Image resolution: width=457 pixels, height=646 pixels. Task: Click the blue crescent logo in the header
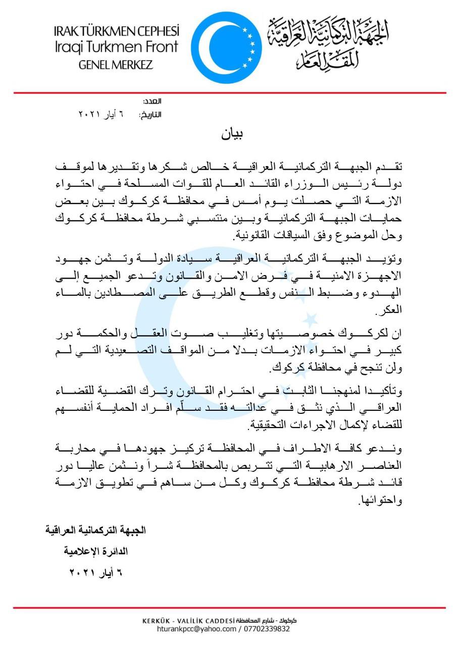(226, 48)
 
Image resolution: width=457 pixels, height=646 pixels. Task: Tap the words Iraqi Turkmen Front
(116, 47)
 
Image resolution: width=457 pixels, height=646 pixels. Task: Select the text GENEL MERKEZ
(116, 65)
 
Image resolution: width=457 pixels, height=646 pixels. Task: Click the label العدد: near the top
(152, 101)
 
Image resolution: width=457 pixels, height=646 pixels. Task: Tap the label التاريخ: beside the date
(150, 115)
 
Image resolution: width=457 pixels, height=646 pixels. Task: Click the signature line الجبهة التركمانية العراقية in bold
(95, 530)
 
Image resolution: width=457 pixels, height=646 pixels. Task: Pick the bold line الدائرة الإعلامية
(95, 552)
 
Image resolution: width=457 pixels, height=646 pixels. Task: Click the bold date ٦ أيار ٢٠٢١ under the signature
(95, 573)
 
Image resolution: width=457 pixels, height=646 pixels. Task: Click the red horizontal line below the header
(230, 93)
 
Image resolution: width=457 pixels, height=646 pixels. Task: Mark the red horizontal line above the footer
(230, 608)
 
